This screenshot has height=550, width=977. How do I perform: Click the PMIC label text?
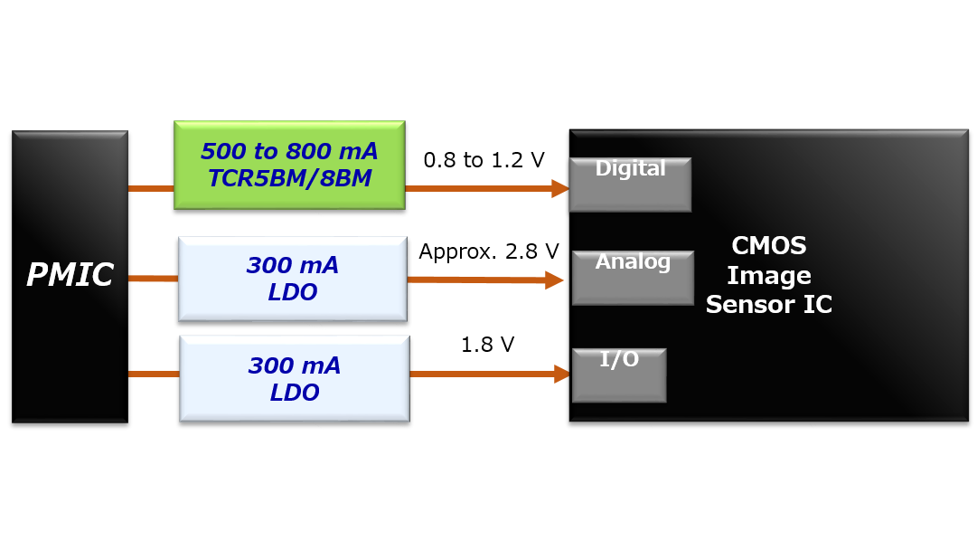point(70,275)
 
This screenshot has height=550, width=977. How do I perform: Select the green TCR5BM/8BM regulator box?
point(289,165)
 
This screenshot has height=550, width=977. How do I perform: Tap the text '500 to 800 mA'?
point(289,151)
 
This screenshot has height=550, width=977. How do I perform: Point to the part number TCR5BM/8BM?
point(289,179)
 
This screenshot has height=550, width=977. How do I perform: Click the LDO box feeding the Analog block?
point(293,279)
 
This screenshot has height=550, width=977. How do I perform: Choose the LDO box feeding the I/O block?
point(295,378)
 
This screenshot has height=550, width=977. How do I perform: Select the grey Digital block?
point(630,185)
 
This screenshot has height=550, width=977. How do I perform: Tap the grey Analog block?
point(633,278)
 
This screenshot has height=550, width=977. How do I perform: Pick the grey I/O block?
point(619,375)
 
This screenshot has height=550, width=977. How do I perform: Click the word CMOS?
point(768,246)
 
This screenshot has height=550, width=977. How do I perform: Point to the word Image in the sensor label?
point(768,276)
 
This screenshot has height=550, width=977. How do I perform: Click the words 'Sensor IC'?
point(768,305)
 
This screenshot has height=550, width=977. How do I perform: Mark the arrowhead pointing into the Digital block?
point(560,188)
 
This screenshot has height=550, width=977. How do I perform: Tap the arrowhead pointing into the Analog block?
point(554,280)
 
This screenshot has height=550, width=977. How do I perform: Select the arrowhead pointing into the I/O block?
point(562,374)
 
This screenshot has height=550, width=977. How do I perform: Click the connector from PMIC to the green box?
point(151,188)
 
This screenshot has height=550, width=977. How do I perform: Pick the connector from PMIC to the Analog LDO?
point(153,279)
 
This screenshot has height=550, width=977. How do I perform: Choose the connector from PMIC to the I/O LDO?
point(154,374)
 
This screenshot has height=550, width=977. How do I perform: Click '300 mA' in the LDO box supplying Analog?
point(293,266)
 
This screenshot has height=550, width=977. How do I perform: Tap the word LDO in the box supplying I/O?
point(295,394)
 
